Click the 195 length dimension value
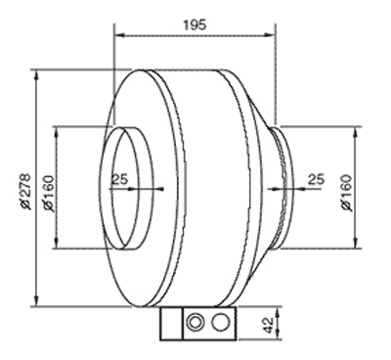coord(195,24)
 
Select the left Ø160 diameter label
coord(48,194)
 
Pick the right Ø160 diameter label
coord(347,193)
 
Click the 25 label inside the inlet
coord(120,179)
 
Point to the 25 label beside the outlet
coord(317,179)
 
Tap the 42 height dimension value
coord(268,325)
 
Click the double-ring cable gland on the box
coord(195,322)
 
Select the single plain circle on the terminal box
coord(221,322)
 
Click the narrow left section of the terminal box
coord(172,324)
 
